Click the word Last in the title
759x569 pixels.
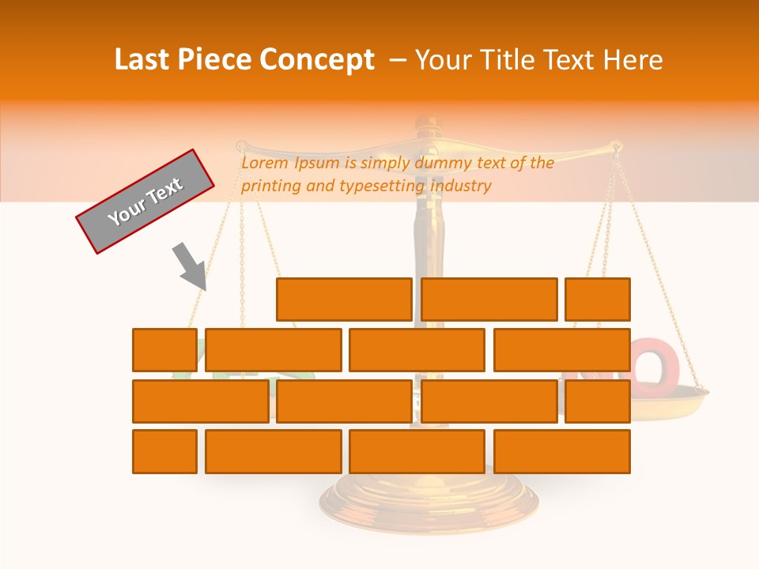(142, 60)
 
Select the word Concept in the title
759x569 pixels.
(317, 60)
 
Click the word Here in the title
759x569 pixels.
(632, 60)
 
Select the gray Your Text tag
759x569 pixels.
(145, 201)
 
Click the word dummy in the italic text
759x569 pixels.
(444, 164)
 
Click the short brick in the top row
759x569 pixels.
(598, 300)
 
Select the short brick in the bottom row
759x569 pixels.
(164, 452)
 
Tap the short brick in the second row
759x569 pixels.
(164, 350)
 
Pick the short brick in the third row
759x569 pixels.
(598, 401)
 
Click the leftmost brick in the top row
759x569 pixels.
(344, 300)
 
